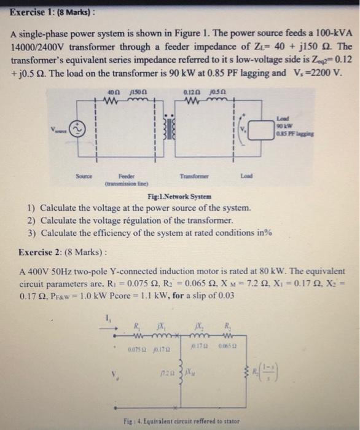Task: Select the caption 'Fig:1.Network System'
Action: point(180,197)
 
